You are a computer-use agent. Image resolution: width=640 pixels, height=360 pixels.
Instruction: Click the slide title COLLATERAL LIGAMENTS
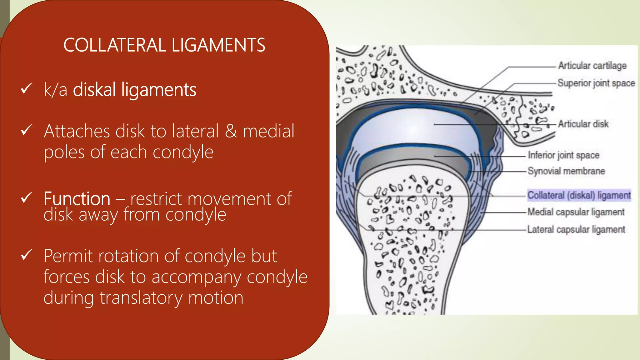(x=164, y=45)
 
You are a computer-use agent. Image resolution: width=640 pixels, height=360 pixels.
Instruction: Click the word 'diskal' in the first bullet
(x=95, y=90)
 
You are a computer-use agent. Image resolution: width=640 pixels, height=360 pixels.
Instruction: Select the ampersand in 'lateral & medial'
(x=231, y=131)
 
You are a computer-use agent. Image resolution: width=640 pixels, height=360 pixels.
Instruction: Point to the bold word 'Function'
(x=77, y=199)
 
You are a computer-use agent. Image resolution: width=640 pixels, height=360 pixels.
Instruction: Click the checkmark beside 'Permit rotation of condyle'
(x=26, y=255)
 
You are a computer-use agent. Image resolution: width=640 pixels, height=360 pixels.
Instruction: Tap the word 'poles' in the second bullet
(x=64, y=152)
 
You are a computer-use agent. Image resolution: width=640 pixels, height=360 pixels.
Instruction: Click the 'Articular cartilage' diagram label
(x=592, y=66)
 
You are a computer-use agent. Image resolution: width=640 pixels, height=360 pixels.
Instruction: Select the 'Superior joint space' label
(x=596, y=83)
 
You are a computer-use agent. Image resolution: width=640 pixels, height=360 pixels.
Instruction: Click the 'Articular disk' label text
(x=583, y=124)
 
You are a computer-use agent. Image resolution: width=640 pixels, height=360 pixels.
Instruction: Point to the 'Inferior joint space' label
(x=563, y=155)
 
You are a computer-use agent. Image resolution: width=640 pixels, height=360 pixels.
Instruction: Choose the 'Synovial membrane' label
(x=566, y=171)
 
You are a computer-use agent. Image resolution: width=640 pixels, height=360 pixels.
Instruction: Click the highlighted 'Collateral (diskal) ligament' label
(x=579, y=195)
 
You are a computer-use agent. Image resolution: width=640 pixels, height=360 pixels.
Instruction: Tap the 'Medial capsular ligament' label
(x=576, y=212)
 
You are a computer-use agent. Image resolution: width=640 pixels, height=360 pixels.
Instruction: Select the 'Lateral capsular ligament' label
(x=576, y=229)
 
